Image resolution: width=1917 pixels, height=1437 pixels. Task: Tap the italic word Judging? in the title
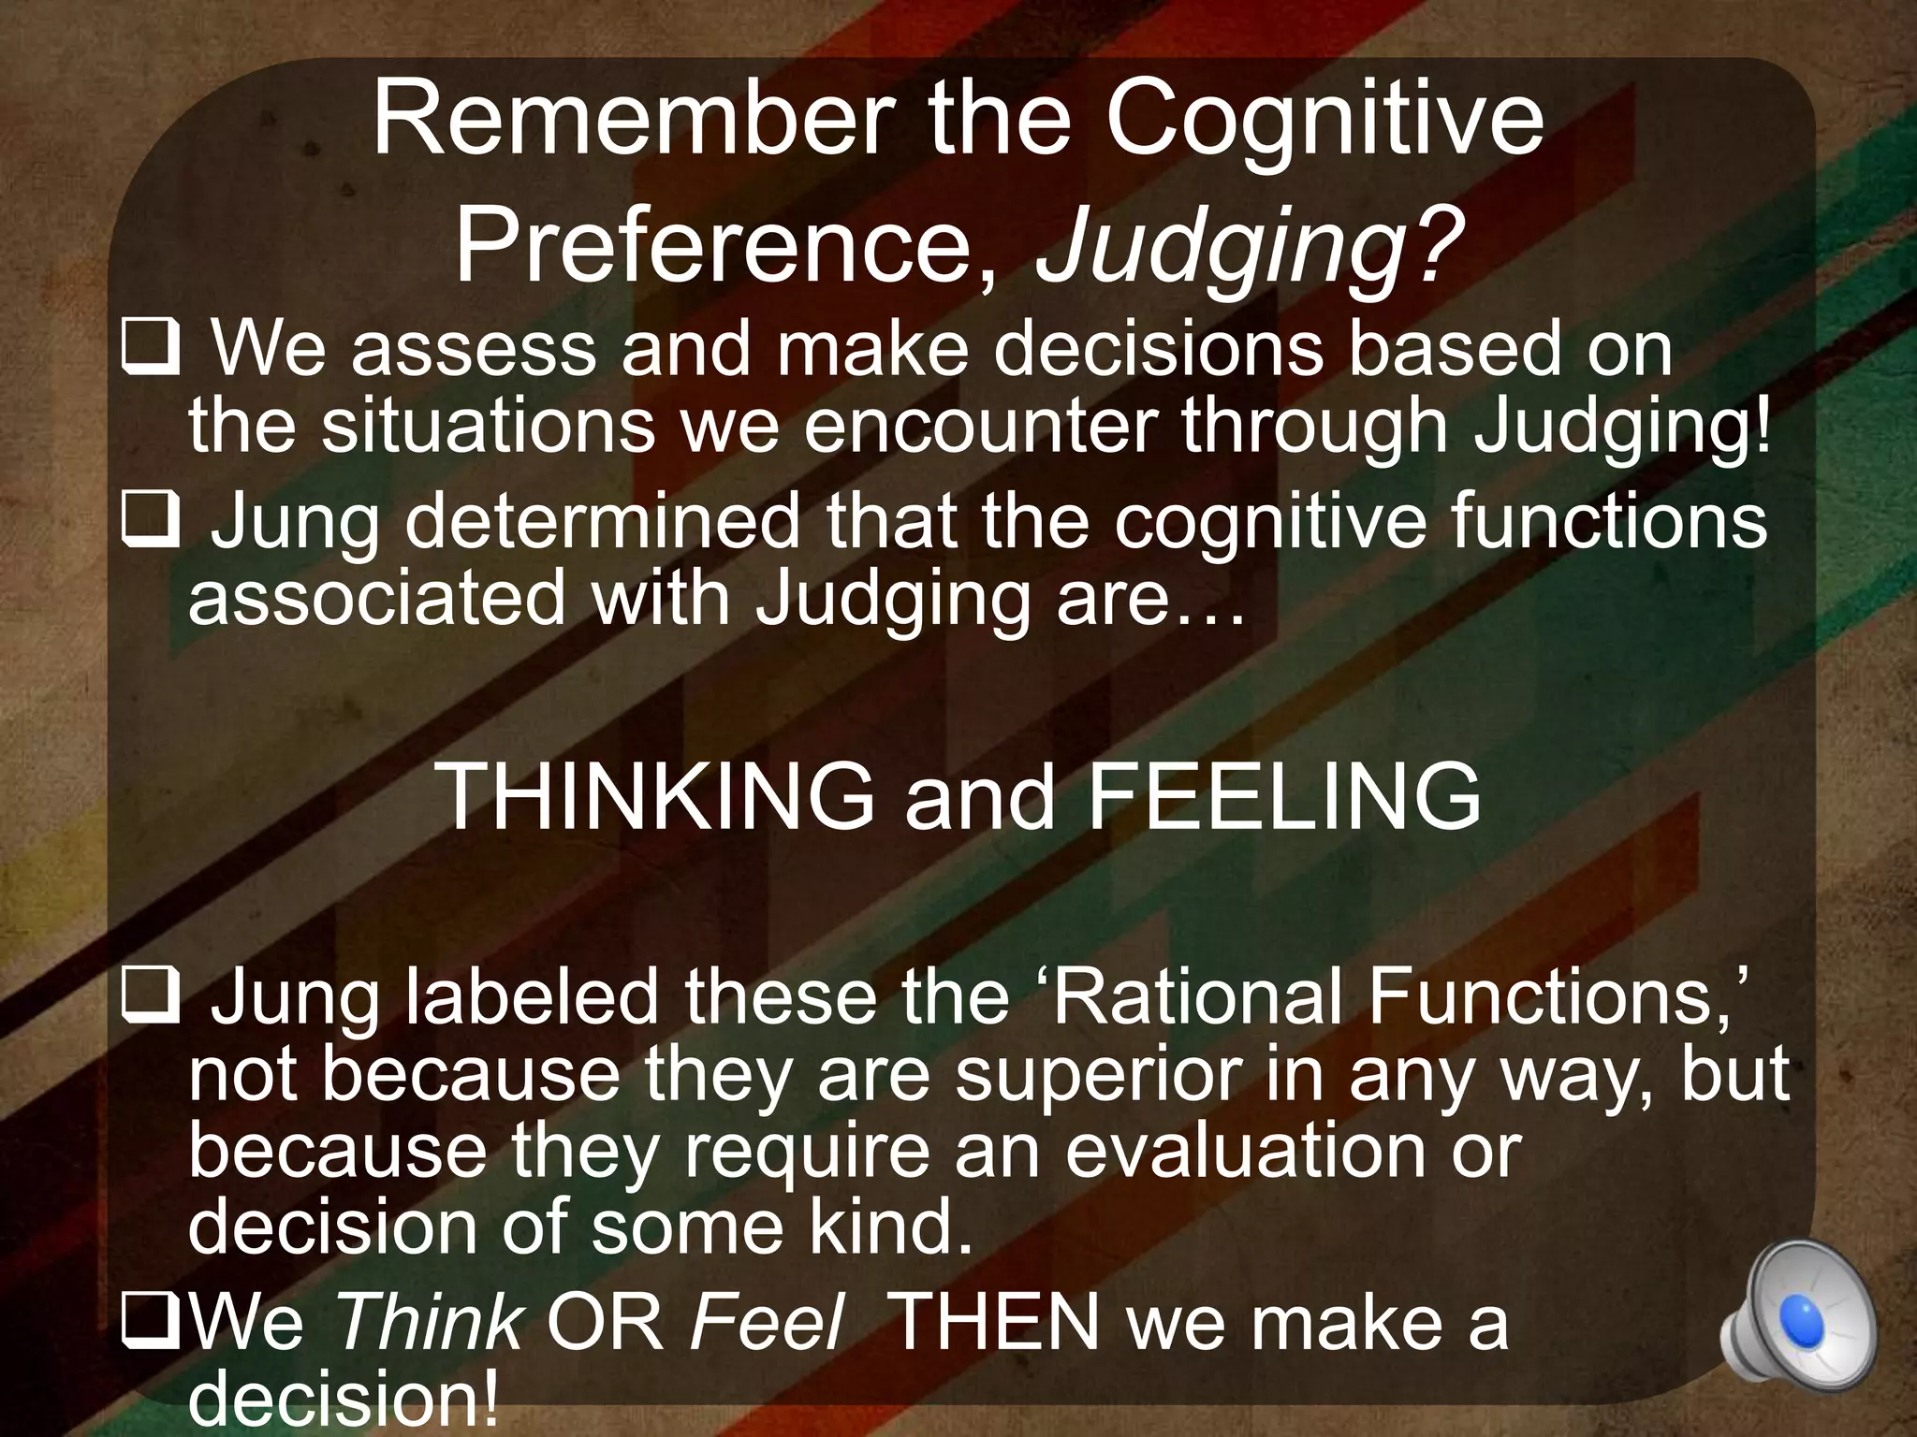(1249, 245)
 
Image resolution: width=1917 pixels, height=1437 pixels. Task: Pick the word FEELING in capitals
(1283, 796)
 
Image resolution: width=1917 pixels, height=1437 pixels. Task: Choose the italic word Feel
(767, 1322)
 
